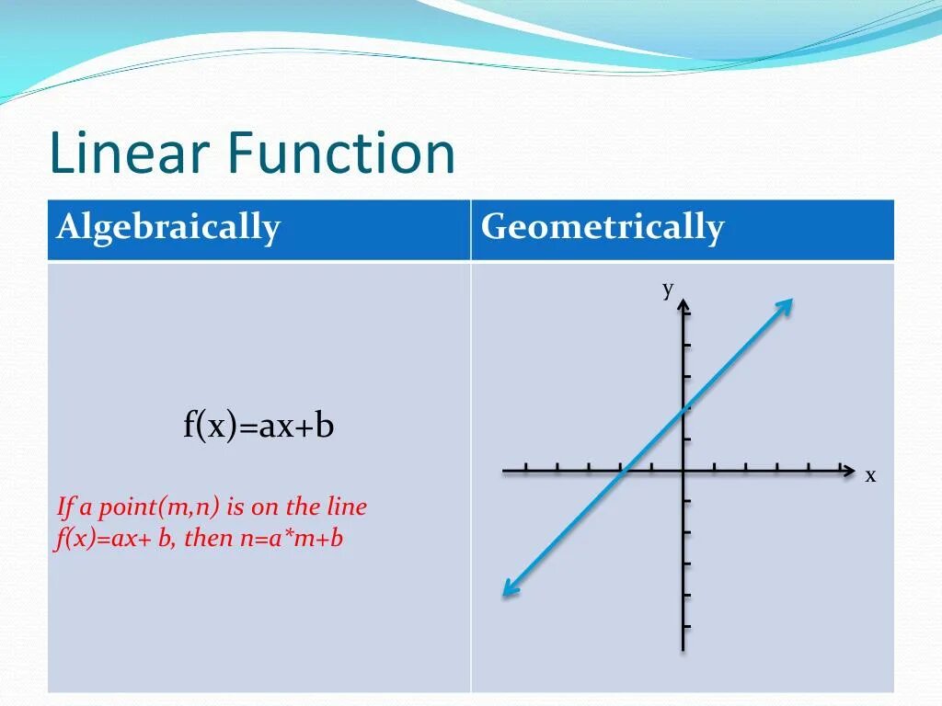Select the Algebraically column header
coord(168,227)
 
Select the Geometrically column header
coord(603,227)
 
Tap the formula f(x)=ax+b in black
coord(258,427)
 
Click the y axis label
coord(669,289)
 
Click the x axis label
coord(870,475)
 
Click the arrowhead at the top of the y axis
coord(684,305)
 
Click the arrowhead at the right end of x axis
coord(848,471)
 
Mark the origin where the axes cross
coord(684,471)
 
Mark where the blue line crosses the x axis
coord(624,471)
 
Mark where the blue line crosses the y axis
coord(684,410)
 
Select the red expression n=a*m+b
coord(292,538)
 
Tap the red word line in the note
coord(346,507)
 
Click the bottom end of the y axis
coord(684,649)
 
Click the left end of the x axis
coord(505,471)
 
